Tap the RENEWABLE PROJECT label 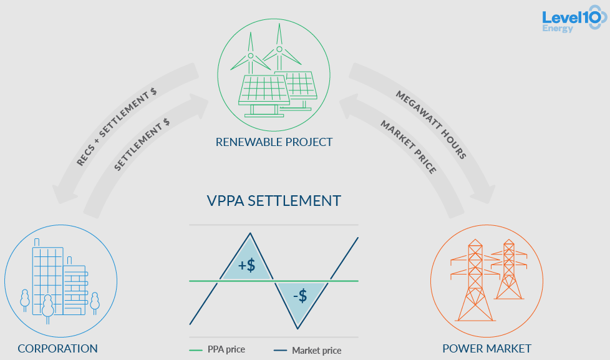(x=274, y=142)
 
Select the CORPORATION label (x=57, y=349)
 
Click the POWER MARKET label (x=487, y=349)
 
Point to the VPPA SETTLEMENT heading (x=274, y=200)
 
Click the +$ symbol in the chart (x=247, y=265)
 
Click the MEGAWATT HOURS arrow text (x=431, y=124)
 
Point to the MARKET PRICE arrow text (x=408, y=146)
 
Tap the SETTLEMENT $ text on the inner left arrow (x=142, y=145)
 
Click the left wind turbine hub (x=251, y=56)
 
